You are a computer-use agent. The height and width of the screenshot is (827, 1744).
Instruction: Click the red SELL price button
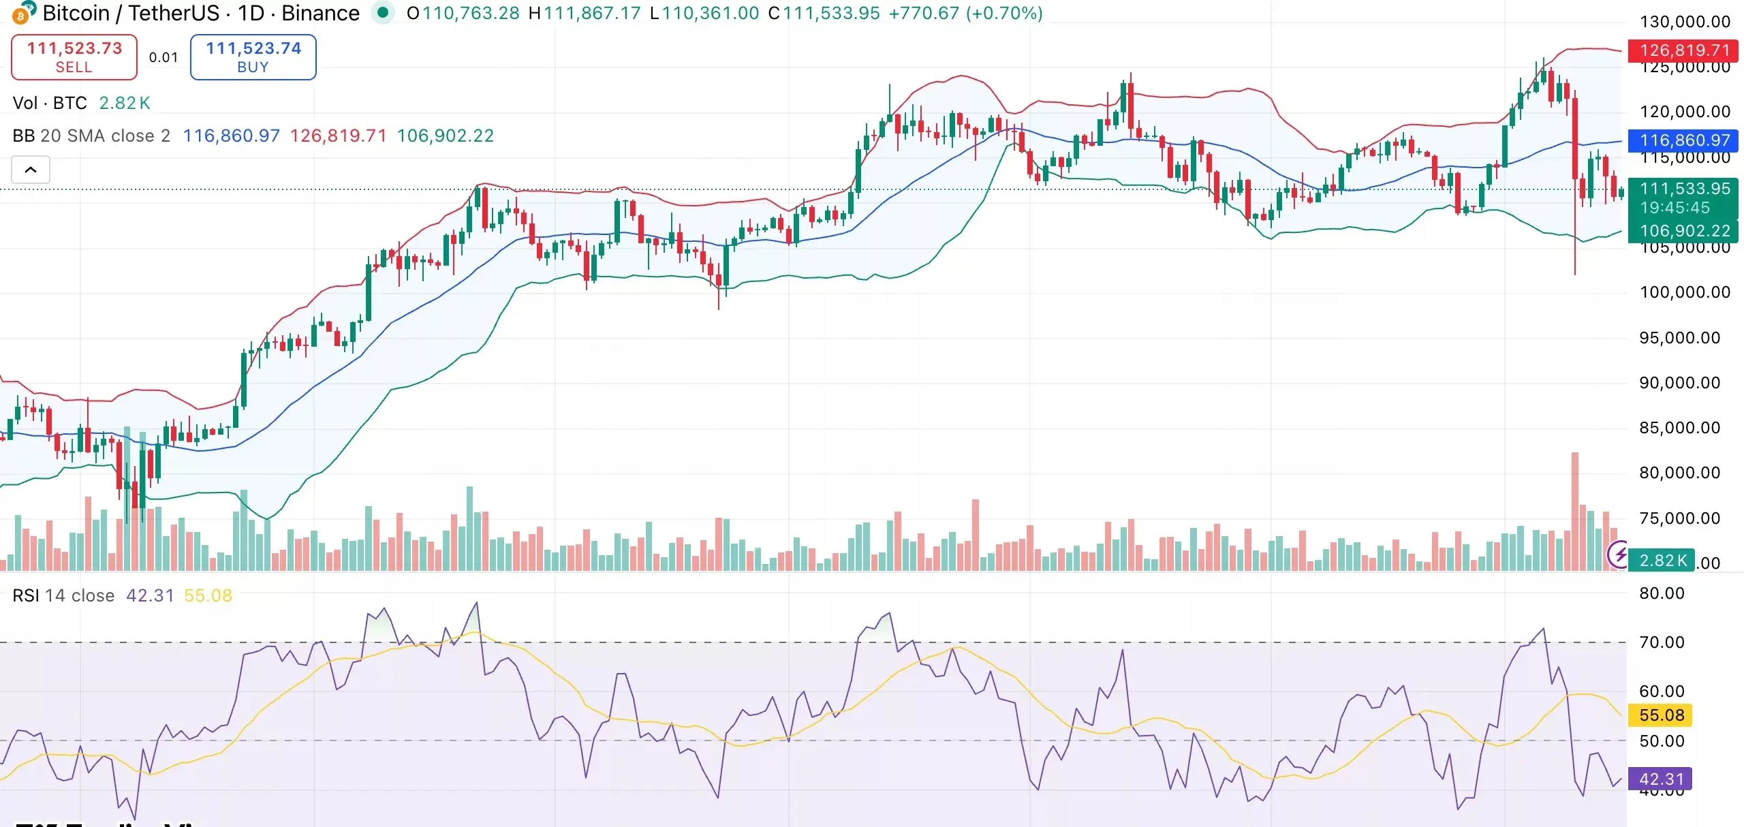pyautogui.click(x=74, y=57)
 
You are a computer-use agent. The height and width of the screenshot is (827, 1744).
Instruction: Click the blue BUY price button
pyautogui.click(x=253, y=57)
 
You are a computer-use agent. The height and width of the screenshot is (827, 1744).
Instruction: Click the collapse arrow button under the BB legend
pyautogui.click(x=31, y=170)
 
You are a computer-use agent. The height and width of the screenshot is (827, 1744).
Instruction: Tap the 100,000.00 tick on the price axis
pyautogui.click(x=1684, y=292)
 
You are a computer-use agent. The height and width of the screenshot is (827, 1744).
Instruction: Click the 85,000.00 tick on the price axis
pyautogui.click(x=1679, y=428)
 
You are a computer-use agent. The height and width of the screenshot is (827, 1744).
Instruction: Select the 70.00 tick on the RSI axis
pyautogui.click(x=1662, y=642)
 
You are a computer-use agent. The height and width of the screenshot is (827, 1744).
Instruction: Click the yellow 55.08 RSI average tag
pyautogui.click(x=1662, y=715)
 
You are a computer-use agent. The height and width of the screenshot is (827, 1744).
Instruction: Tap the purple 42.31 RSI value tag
pyautogui.click(x=1662, y=779)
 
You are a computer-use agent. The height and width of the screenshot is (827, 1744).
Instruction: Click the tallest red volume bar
pyautogui.click(x=1574, y=511)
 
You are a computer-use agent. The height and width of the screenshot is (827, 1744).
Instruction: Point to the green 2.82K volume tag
pyautogui.click(x=1662, y=560)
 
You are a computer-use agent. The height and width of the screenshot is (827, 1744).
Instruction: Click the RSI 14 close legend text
pyautogui.click(x=63, y=595)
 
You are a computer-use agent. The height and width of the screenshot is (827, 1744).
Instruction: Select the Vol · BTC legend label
pyautogui.click(x=50, y=103)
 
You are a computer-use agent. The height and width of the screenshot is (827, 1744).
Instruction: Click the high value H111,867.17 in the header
pyautogui.click(x=585, y=13)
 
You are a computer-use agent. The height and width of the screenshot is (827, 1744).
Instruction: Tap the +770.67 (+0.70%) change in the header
pyautogui.click(x=965, y=13)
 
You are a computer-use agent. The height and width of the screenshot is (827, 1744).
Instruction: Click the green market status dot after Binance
pyautogui.click(x=383, y=12)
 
